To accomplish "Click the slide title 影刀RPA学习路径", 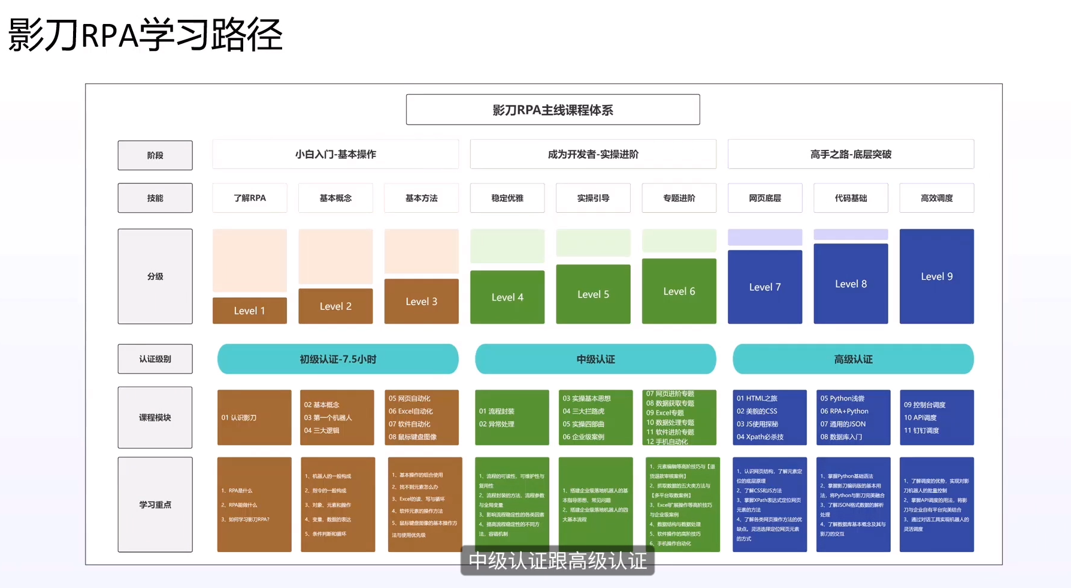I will [145, 35].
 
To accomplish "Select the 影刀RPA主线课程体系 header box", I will [552, 110].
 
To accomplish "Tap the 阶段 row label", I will [155, 155].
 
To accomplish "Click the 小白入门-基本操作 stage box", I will [335, 154].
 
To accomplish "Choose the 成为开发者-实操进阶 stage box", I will [593, 154].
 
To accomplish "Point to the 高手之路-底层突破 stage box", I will [851, 154].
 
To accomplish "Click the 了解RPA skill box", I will [250, 198].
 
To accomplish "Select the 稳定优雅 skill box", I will [507, 198].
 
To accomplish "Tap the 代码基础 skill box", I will [851, 198].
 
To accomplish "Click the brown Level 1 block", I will [249, 310].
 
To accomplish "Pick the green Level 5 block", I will [593, 294].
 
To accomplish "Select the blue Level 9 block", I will [937, 276].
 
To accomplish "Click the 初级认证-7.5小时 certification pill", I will [338, 359].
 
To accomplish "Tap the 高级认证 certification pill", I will [853, 359].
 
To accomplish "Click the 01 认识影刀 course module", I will [239, 418].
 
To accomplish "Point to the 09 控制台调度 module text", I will [925, 405].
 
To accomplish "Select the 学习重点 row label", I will [155, 505].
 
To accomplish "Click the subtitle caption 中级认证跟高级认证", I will [558, 561].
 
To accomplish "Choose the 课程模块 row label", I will [155, 417].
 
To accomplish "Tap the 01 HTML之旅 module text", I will [757, 398].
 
